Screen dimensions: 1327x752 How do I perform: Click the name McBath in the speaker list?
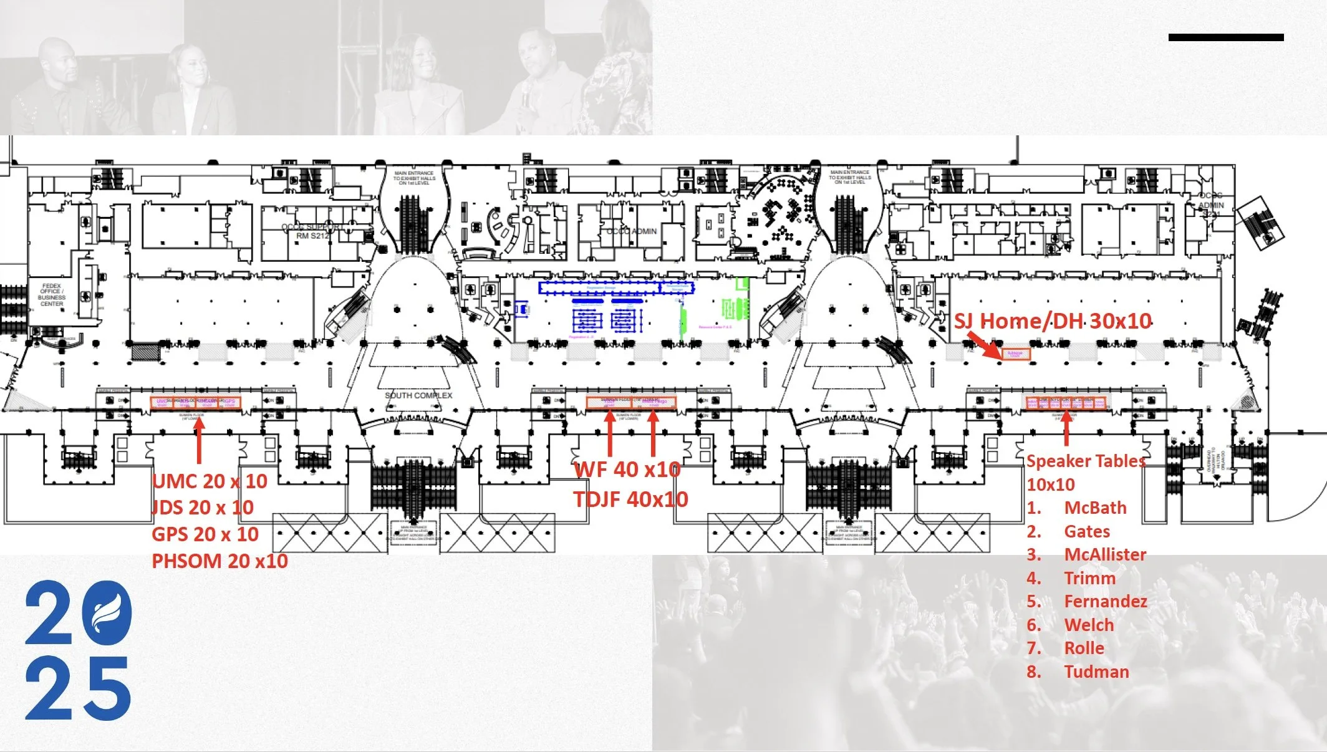(x=1095, y=508)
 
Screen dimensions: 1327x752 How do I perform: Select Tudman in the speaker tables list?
(x=1096, y=672)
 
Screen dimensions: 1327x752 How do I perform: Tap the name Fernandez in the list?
(x=1106, y=601)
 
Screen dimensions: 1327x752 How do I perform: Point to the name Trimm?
(x=1089, y=578)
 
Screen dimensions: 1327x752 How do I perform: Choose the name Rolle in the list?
(x=1084, y=648)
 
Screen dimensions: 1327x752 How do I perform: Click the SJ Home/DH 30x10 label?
(x=1053, y=321)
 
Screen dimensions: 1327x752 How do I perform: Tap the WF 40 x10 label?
(x=627, y=470)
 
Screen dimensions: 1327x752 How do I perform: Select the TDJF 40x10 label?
(x=631, y=499)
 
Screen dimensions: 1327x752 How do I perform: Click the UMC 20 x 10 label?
(x=210, y=481)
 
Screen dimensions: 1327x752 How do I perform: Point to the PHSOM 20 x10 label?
(x=220, y=561)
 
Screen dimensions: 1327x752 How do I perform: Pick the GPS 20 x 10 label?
(x=205, y=534)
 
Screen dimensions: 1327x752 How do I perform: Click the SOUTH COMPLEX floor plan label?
(x=418, y=395)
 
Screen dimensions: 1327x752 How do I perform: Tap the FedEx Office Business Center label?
(x=52, y=295)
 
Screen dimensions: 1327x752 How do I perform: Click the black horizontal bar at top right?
(x=1225, y=37)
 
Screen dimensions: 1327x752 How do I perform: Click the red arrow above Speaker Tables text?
(x=1066, y=428)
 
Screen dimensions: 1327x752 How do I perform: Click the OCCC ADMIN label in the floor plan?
(x=631, y=231)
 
